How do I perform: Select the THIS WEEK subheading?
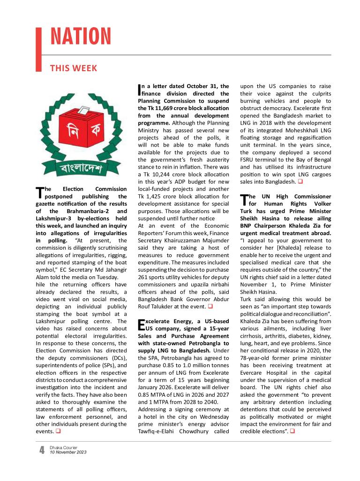[74, 68]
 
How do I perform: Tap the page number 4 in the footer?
[42, 451]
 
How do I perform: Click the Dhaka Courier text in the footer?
[64, 448]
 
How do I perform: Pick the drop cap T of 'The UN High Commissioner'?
[244, 200]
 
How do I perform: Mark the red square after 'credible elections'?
[292, 431]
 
